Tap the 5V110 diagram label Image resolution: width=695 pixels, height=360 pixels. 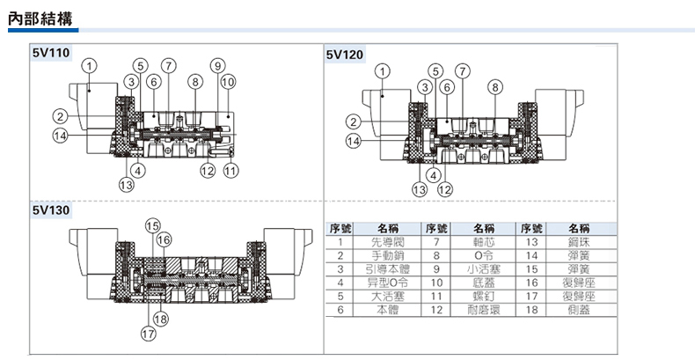pos(50,54)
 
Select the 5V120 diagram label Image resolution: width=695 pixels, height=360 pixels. pos(344,54)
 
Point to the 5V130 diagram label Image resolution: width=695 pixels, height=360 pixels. pos(50,210)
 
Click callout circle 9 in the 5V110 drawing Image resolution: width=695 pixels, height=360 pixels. pos(218,65)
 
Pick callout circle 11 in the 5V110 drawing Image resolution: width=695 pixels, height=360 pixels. pos(230,171)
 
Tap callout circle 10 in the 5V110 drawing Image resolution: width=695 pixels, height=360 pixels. pos(229,82)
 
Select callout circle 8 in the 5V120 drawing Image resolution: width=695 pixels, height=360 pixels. pos(496,86)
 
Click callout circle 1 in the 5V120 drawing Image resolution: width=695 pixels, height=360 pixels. pos(383,70)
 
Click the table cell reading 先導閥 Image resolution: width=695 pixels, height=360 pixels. pos(387,240)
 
